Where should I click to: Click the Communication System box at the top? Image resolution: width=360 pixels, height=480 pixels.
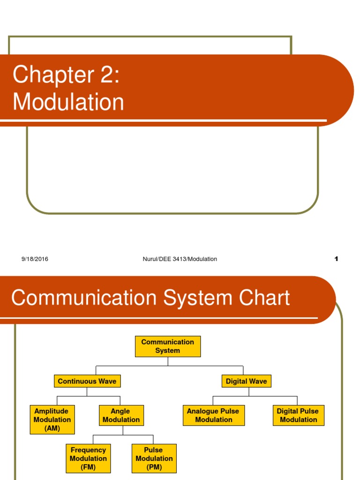168,346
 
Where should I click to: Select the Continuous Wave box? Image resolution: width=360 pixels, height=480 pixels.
87,381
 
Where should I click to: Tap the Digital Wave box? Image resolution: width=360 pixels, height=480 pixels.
246,381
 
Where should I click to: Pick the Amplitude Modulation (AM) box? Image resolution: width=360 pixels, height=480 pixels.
52,420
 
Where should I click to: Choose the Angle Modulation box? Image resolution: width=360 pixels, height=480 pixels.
121,415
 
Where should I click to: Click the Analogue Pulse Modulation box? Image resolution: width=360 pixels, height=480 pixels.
213,415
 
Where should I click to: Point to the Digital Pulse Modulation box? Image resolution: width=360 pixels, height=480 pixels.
298,415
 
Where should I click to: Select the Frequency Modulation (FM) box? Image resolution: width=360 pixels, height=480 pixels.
88,458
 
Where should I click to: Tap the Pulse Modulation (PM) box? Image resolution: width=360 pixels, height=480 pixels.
154,458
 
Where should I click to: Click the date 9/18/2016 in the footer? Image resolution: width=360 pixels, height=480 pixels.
35,259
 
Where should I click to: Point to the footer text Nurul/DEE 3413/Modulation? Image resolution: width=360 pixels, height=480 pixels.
180,259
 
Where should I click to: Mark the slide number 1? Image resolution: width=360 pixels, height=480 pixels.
336,259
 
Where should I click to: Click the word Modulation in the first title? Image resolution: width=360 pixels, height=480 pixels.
68,101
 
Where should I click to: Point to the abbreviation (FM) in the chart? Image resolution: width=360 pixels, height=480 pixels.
88,467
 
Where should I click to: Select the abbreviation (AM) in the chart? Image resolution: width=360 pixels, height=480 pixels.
52,428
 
